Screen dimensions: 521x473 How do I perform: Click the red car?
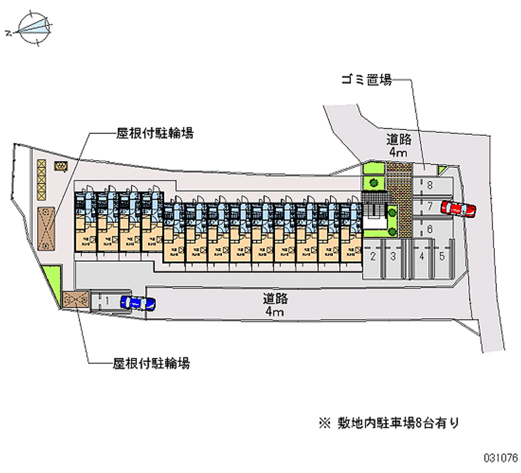[458, 209]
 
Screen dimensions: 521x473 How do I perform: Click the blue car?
[138, 303]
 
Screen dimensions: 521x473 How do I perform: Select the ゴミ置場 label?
[366, 81]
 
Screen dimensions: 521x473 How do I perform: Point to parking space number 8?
[430, 185]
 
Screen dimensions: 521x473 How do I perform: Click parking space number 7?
[430, 207]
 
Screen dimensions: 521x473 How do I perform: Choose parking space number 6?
[430, 229]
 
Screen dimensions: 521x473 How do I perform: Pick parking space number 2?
[373, 256]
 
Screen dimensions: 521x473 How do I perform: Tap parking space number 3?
[393, 256]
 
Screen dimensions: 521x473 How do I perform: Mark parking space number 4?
[422, 256]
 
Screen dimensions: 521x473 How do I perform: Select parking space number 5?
[442, 256]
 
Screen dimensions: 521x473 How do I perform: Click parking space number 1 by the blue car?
[106, 301]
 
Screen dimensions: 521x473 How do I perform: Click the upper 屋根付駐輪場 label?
[154, 134]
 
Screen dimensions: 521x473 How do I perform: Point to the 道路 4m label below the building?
[274, 306]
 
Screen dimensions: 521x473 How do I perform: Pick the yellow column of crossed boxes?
[42, 179]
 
